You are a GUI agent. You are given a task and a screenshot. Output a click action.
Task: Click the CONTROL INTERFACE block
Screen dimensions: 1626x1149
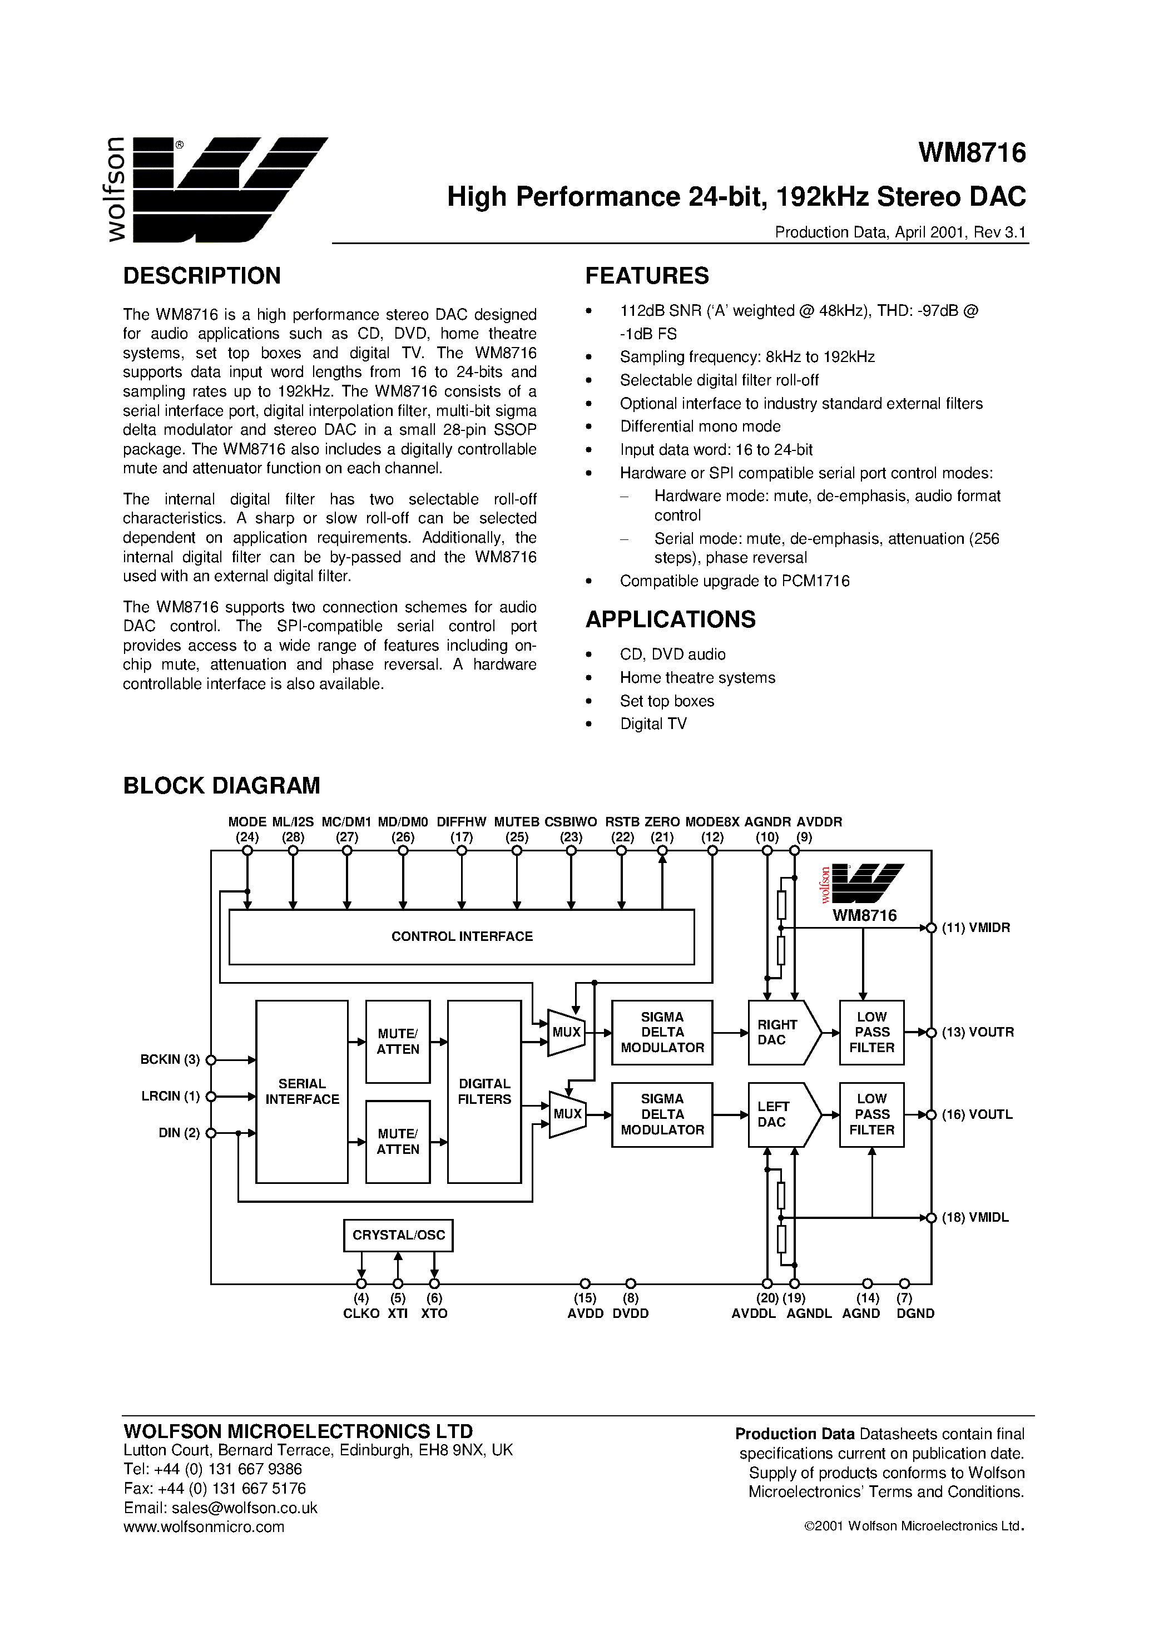(461, 936)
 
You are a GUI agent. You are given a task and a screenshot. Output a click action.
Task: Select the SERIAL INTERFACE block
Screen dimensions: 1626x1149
(302, 1091)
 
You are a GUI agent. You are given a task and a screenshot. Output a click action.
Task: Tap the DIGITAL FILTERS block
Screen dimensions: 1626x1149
(484, 1091)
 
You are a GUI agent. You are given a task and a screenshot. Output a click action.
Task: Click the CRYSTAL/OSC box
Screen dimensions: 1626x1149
(398, 1235)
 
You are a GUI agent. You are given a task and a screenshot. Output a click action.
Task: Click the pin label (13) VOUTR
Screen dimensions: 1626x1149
(978, 1033)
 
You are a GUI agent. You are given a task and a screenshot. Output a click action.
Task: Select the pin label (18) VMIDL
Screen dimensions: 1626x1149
(975, 1217)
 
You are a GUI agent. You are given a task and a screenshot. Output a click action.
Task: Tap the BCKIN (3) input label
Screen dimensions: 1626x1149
(170, 1059)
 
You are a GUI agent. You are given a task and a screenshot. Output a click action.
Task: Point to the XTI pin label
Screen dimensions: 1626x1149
(398, 1313)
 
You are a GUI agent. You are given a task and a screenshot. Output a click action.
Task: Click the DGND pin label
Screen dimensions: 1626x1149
(915, 1313)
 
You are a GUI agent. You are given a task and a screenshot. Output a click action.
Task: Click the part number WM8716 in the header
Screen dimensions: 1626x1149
(972, 153)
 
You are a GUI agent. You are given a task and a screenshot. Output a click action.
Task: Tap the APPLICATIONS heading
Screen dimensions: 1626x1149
(670, 619)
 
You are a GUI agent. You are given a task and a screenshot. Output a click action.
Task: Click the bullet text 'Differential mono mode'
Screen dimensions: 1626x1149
(700, 427)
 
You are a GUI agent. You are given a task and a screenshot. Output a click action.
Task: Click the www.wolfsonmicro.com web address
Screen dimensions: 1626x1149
(204, 1527)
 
